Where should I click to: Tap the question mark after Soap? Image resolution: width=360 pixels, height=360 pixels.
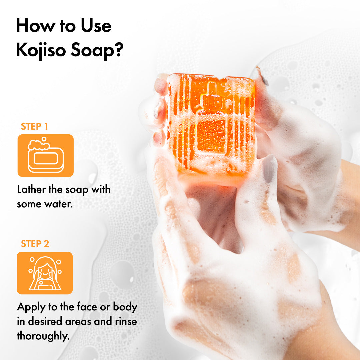tap(119, 49)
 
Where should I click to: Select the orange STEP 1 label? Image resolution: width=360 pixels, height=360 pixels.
tap(34, 127)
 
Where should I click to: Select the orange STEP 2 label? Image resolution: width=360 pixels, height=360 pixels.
tap(35, 244)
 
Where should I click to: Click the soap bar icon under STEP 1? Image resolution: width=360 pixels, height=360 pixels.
tap(46, 156)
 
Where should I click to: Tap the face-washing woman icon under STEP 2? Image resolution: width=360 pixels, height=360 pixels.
tap(45, 273)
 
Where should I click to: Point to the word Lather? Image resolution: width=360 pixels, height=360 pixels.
tap(31, 190)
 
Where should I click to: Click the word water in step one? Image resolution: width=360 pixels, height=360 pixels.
tap(59, 204)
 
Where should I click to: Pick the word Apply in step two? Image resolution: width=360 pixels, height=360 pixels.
tap(31, 308)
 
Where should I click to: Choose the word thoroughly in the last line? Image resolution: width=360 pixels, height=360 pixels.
tap(43, 336)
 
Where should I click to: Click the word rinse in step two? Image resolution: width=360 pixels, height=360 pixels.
tap(126, 321)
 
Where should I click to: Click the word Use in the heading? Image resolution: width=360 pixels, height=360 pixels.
tap(96, 26)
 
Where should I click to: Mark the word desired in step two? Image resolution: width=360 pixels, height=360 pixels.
tap(45, 321)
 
